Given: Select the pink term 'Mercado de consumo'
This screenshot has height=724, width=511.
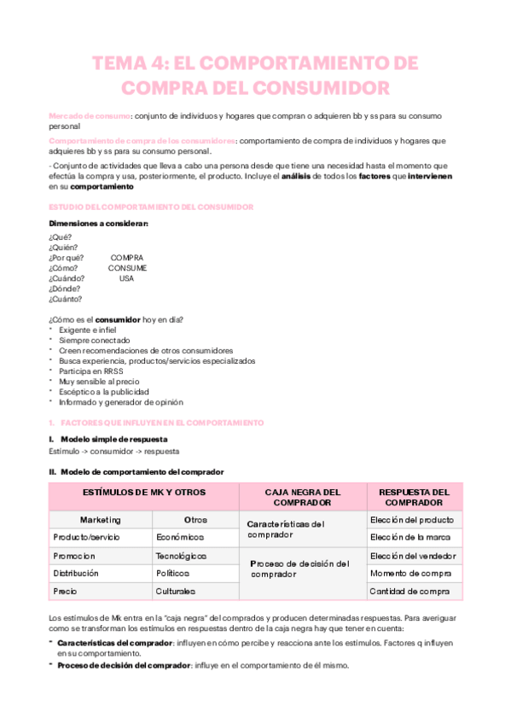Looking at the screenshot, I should click(90, 114).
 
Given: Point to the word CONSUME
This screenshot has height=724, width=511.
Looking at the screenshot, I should click(127, 268).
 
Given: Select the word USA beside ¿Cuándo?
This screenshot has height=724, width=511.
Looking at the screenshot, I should click(126, 278).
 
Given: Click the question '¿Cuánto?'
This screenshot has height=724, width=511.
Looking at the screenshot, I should click(66, 299).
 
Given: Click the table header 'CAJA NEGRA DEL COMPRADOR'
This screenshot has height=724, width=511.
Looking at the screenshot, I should click(303, 498).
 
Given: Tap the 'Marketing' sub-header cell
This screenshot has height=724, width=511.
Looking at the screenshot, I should click(101, 519).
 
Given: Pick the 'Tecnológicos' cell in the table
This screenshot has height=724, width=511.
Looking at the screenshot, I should click(181, 555).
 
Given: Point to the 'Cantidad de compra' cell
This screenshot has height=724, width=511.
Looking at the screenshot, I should click(410, 591).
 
